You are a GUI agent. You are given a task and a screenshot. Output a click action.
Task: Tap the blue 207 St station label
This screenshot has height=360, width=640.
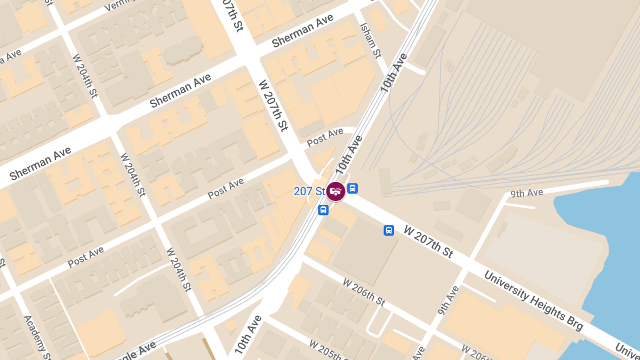[309, 191]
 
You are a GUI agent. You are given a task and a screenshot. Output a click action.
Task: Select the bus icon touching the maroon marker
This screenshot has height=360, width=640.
[353, 188]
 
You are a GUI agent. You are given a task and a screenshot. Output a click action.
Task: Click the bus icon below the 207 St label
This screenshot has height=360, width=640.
[323, 210]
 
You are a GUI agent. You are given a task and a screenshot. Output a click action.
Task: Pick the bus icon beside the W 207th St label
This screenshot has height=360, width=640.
[389, 230]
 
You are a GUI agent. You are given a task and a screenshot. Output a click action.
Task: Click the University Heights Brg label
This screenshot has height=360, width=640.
[533, 301]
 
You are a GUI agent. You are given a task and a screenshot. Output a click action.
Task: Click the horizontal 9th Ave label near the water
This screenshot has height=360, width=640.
[526, 193]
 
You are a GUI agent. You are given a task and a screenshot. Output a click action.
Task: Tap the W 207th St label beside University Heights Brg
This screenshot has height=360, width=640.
[429, 242]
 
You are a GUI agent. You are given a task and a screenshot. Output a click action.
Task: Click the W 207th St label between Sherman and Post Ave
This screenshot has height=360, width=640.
[273, 106]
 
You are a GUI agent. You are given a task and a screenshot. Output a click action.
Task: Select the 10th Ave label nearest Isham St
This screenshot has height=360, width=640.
[393, 72]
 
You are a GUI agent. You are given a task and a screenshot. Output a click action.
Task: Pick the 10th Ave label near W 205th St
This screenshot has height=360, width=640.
[248, 335]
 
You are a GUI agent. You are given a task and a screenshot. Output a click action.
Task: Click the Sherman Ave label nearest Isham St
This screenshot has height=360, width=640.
[302, 31]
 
